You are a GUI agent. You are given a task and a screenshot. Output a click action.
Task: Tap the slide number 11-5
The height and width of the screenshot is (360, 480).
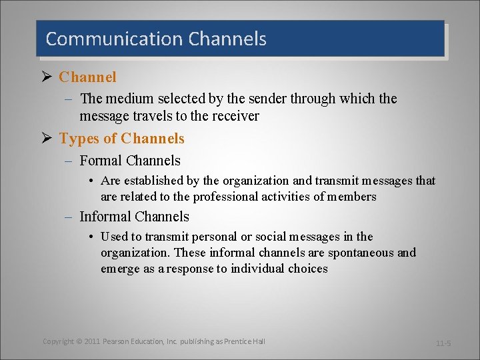pyautogui.click(x=443, y=343)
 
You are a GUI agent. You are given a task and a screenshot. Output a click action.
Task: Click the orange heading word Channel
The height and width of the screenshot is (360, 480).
pyautogui.click(x=87, y=77)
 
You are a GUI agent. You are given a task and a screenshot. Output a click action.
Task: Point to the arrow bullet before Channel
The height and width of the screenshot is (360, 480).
pyautogui.click(x=47, y=77)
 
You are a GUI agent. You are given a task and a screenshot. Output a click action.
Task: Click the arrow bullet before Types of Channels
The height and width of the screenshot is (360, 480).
pyautogui.click(x=47, y=139)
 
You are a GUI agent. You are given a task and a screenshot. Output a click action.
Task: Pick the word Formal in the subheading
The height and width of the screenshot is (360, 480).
pyautogui.click(x=101, y=161)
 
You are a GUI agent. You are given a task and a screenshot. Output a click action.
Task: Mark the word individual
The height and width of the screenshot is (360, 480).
pyautogui.click(x=259, y=269)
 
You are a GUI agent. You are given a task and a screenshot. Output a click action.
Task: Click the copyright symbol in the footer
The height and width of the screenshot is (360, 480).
pyautogui.click(x=78, y=341)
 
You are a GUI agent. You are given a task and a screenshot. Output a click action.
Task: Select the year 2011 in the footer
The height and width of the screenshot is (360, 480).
pyautogui.click(x=93, y=341)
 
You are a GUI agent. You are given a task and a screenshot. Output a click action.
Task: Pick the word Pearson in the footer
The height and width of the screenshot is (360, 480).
pyautogui.click(x=117, y=341)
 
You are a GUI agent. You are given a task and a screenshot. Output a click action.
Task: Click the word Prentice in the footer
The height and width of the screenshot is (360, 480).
pyautogui.click(x=239, y=341)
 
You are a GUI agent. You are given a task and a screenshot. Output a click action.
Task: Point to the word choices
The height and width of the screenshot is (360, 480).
pyautogui.click(x=308, y=269)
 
